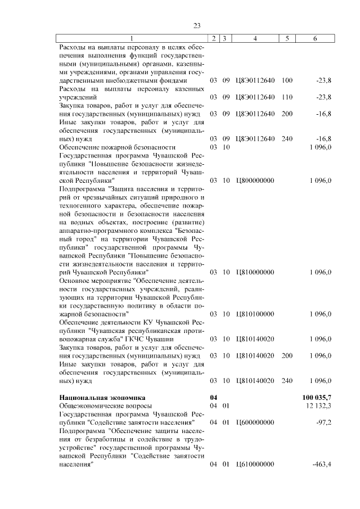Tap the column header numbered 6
(314, 38)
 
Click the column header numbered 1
(132, 38)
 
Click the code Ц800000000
(255, 180)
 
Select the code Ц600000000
(255, 422)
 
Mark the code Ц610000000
(255, 464)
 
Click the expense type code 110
(287, 97)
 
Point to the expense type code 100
(287, 80)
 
